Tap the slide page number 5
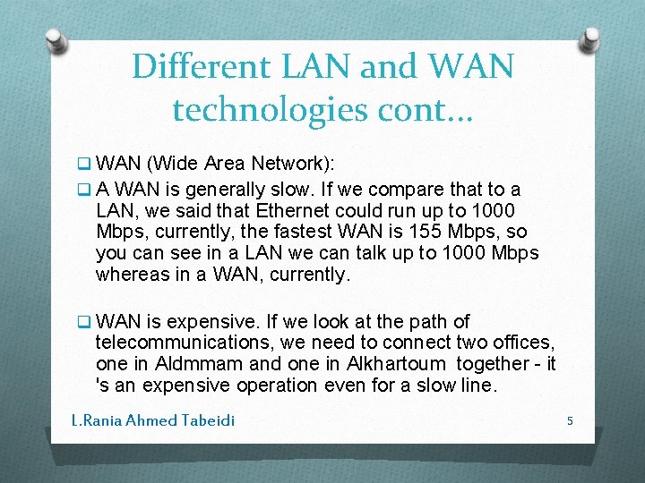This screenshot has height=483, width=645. [x=570, y=419]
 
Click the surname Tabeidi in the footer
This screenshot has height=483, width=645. [x=207, y=419]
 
